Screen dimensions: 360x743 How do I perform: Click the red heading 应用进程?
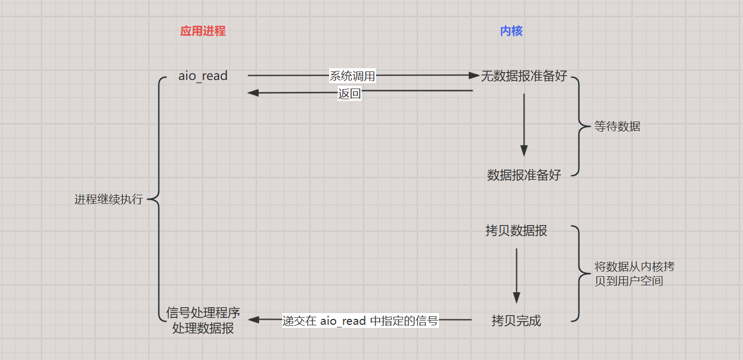tap(203, 31)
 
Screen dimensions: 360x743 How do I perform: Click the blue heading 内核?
tap(511, 31)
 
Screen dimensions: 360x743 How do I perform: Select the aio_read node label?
tap(203, 76)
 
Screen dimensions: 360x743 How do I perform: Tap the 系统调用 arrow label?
tap(352, 76)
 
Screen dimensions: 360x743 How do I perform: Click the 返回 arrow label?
tap(349, 94)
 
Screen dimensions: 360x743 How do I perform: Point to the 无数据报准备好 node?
tap(524, 76)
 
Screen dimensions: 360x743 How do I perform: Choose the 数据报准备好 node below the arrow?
tap(524, 175)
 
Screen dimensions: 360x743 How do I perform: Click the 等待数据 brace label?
tap(617, 127)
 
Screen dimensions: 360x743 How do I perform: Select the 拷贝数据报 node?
tap(516, 230)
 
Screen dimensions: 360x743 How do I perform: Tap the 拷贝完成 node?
tap(516, 321)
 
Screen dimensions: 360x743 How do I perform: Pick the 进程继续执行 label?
tap(109, 199)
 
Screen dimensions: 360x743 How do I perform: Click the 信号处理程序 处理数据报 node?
tap(203, 320)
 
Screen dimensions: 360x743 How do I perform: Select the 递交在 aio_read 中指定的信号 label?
tap(360, 321)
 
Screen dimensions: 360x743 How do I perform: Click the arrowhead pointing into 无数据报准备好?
tap(474, 76)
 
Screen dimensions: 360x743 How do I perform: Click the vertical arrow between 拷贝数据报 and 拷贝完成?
tap(516, 275)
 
